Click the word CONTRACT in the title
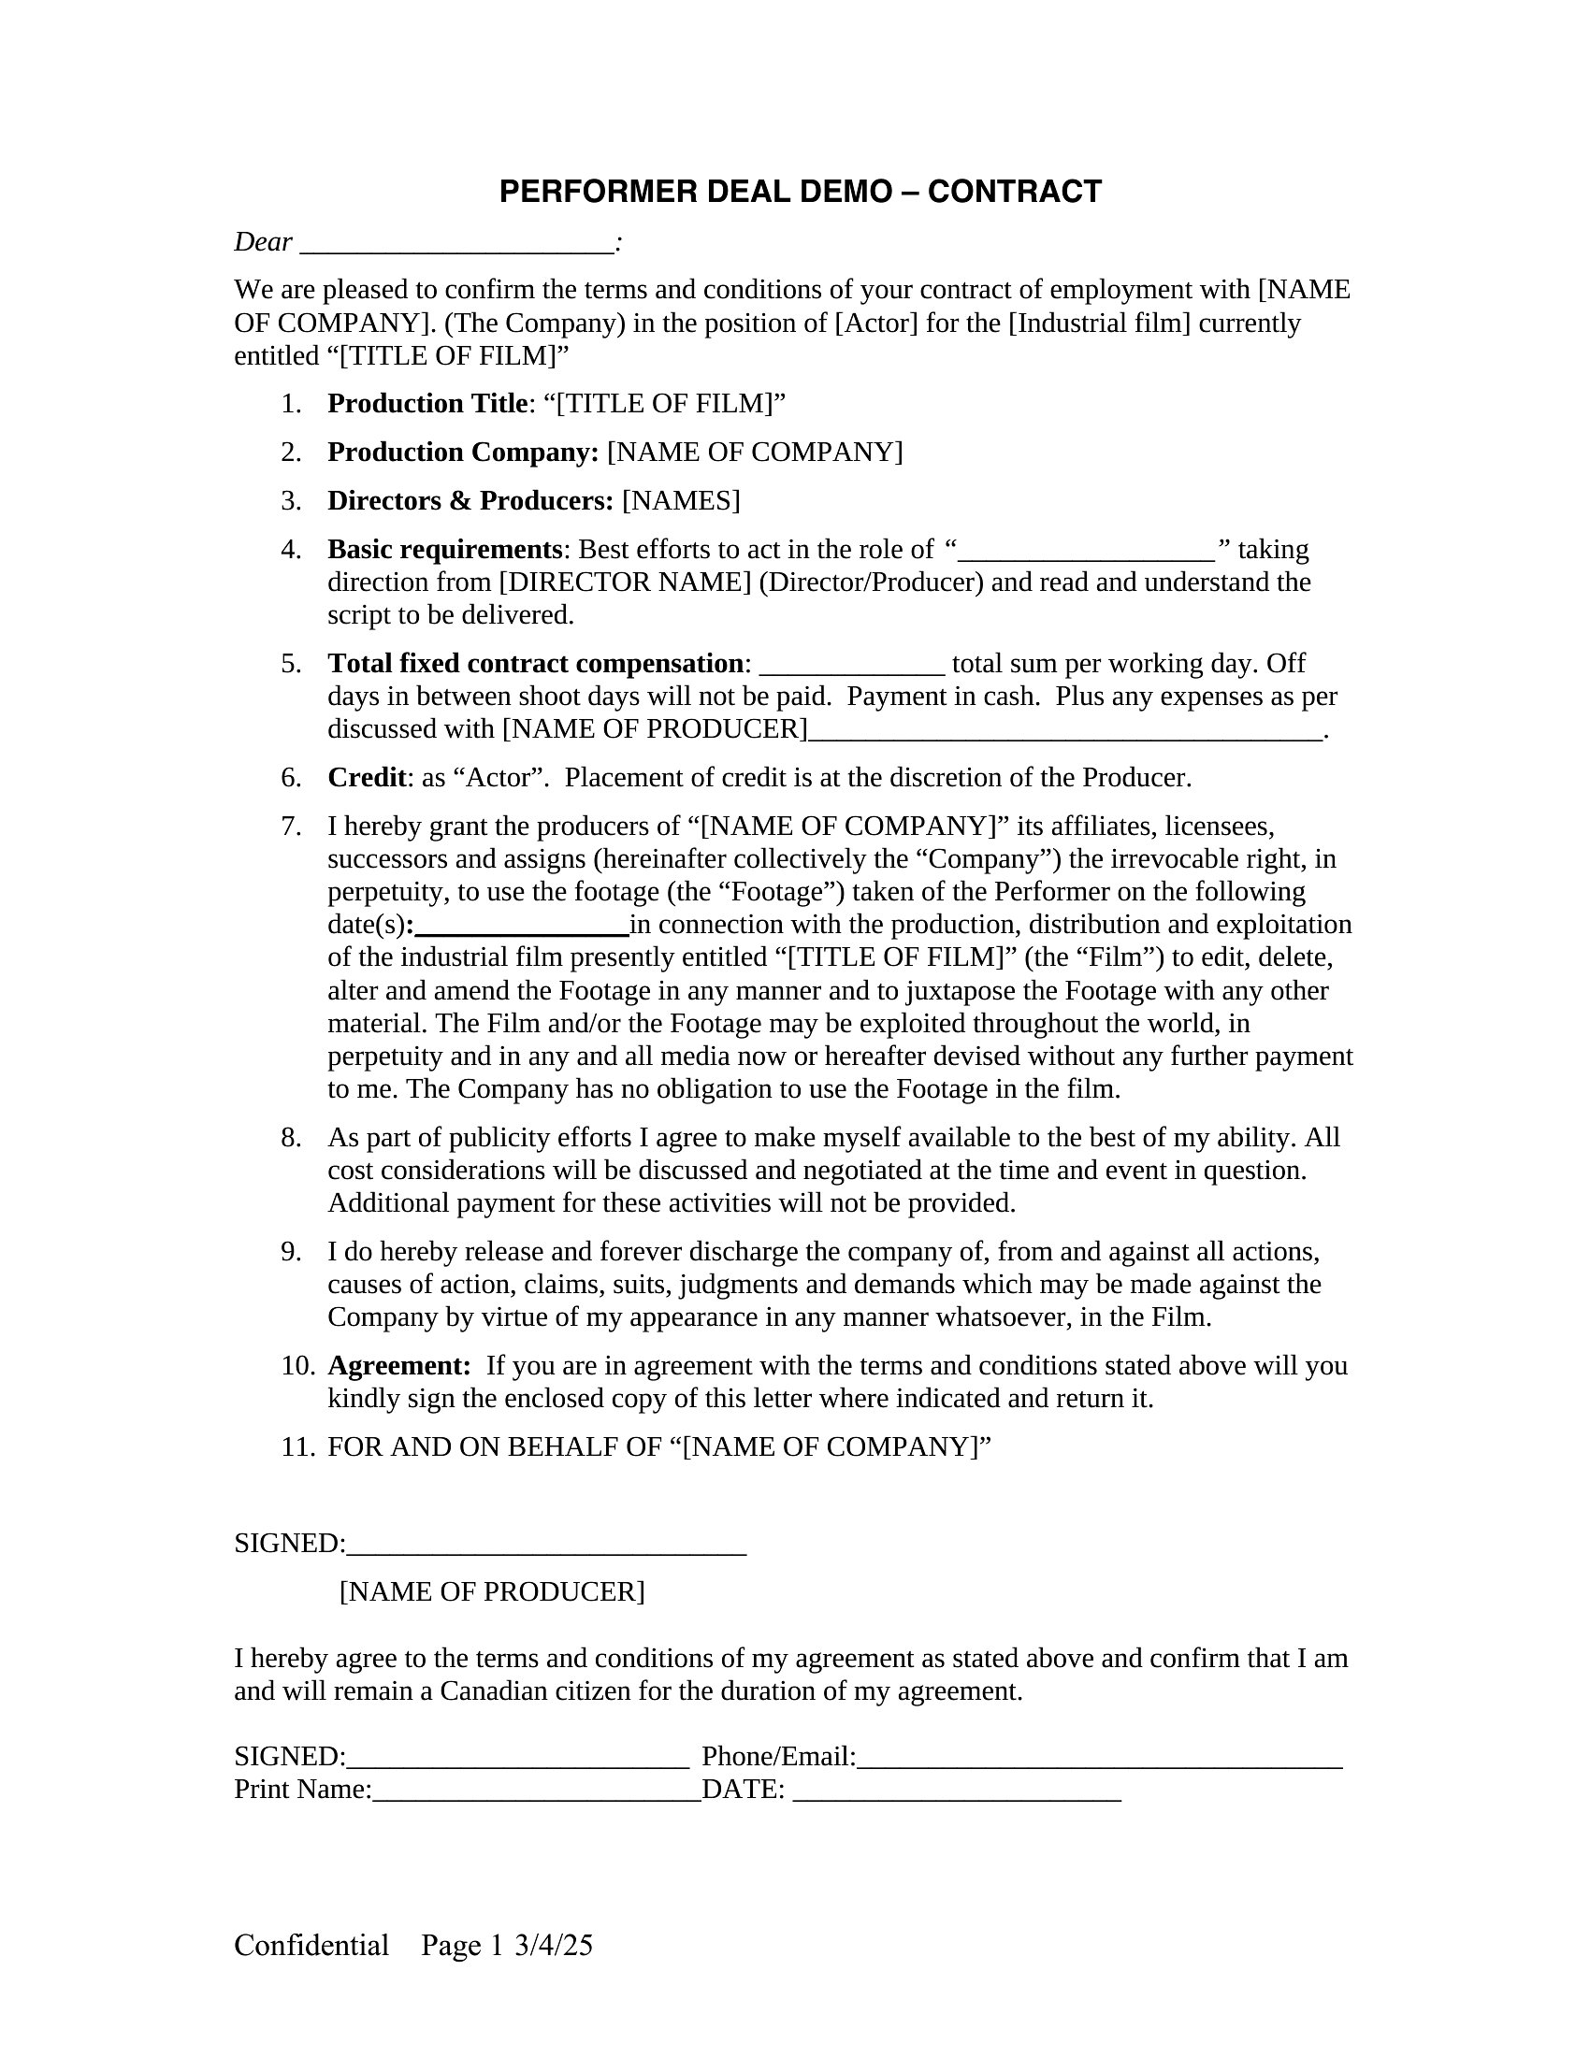1014,192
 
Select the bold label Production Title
426,404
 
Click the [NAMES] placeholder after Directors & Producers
680,501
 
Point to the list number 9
291,1252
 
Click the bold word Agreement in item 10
398,1366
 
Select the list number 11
296,1446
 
